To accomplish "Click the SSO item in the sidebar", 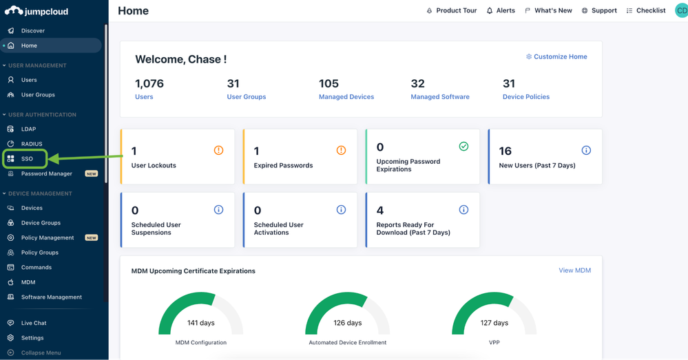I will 26,159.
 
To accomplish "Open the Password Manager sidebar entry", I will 46,174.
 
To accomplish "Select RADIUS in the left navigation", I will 31,144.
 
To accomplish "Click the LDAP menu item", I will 28,129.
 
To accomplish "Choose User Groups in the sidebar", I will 37,95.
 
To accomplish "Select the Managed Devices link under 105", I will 346,97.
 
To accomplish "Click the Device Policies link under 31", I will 526,97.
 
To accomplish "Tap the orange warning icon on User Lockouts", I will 218,150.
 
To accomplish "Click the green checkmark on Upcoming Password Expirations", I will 463,147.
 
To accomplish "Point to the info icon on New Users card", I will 586,150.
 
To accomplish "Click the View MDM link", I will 574,271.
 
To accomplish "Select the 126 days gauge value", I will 347,323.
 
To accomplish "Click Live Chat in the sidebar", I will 33,323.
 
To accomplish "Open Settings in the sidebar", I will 32,338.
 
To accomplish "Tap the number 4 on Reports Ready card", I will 380,210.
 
